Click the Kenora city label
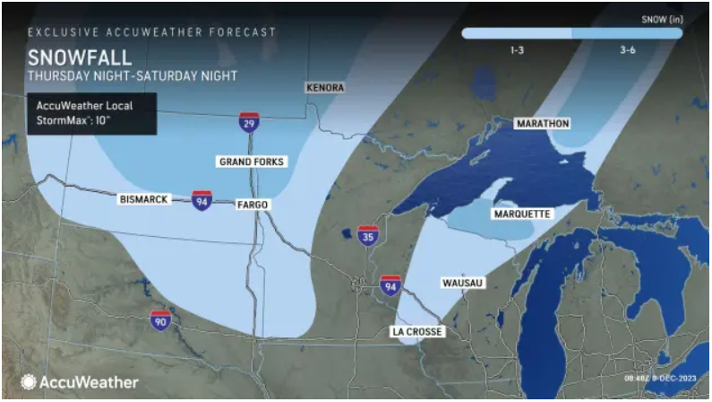click(324, 88)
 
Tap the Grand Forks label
click(252, 162)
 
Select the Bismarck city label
click(143, 199)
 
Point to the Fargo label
click(252, 205)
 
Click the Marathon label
click(542, 123)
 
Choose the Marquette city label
click(522, 214)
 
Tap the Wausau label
click(463, 283)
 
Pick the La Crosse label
click(417, 331)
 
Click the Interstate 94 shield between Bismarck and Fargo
click(202, 199)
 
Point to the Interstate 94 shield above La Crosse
click(390, 284)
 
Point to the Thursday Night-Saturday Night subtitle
click(133, 76)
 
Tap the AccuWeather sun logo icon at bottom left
click(29, 382)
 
